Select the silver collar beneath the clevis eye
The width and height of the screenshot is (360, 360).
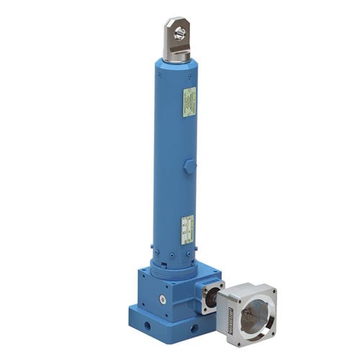176,55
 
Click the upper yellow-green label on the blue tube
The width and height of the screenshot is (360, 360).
189,102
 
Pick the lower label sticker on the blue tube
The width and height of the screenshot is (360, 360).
187,229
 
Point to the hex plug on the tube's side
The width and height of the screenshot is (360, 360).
189,166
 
